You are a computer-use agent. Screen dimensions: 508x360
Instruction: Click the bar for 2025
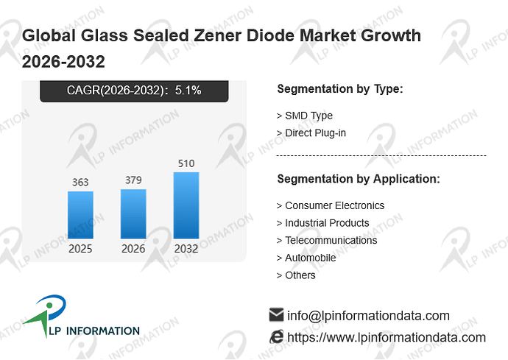pyautogui.click(x=80, y=215)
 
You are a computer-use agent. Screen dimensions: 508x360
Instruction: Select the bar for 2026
pyautogui.click(x=133, y=213)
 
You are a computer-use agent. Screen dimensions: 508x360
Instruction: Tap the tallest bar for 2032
pyautogui.click(x=186, y=205)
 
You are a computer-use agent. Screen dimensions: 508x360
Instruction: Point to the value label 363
pyautogui.click(x=80, y=182)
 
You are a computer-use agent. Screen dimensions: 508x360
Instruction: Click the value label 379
pyautogui.click(x=133, y=180)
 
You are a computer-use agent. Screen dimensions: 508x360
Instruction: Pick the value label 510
pyautogui.click(x=186, y=163)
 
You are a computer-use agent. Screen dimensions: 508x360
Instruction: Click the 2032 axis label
pyautogui.click(x=186, y=249)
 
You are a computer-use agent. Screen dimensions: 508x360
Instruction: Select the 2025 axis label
pyautogui.click(x=80, y=249)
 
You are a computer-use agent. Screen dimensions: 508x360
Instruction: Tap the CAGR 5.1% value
pyautogui.click(x=188, y=90)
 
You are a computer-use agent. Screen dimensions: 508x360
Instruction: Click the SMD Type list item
pyautogui.click(x=305, y=116)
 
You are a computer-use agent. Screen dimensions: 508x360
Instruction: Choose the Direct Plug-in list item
pyautogui.click(x=311, y=133)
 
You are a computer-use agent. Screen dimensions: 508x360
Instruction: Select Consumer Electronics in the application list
pyautogui.click(x=331, y=205)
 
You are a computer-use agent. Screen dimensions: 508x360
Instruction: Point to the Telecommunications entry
pyautogui.click(x=327, y=240)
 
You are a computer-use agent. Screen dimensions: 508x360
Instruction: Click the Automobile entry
pyautogui.click(x=306, y=258)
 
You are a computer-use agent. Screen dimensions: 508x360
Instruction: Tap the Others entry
pyautogui.click(x=296, y=275)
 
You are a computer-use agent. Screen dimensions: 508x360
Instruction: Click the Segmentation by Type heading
pyautogui.click(x=340, y=89)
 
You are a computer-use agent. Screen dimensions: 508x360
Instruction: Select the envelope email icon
pyautogui.click(x=276, y=314)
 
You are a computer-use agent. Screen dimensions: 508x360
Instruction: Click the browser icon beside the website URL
pyautogui.click(x=276, y=336)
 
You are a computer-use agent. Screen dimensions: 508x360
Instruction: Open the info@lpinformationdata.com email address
pyautogui.click(x=368, y=316)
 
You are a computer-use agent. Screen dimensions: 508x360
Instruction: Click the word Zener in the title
pyautogui.click(x=218, y=35)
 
